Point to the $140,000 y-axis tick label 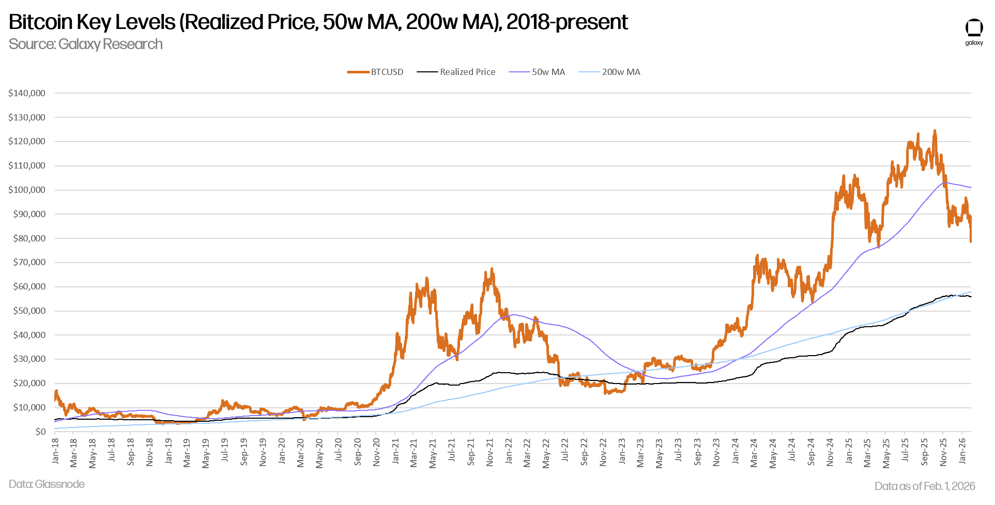(x=27, y=94)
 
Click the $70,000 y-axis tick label (x=29, y=263)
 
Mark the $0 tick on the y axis (x=40, y=432)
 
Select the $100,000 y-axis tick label (x=27, y=190)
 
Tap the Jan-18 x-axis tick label (x=55, y=451)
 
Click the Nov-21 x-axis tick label (x=489, y=452)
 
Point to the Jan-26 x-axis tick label (x=962, y=451)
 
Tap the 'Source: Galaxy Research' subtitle (x=86, y=44)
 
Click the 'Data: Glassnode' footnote (x=47, y=484)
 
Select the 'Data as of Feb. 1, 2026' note (x=925, y=486)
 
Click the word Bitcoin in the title (x=41, y=22)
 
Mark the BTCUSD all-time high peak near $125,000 (x=935, y=131)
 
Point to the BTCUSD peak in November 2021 (x=492, y=269)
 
